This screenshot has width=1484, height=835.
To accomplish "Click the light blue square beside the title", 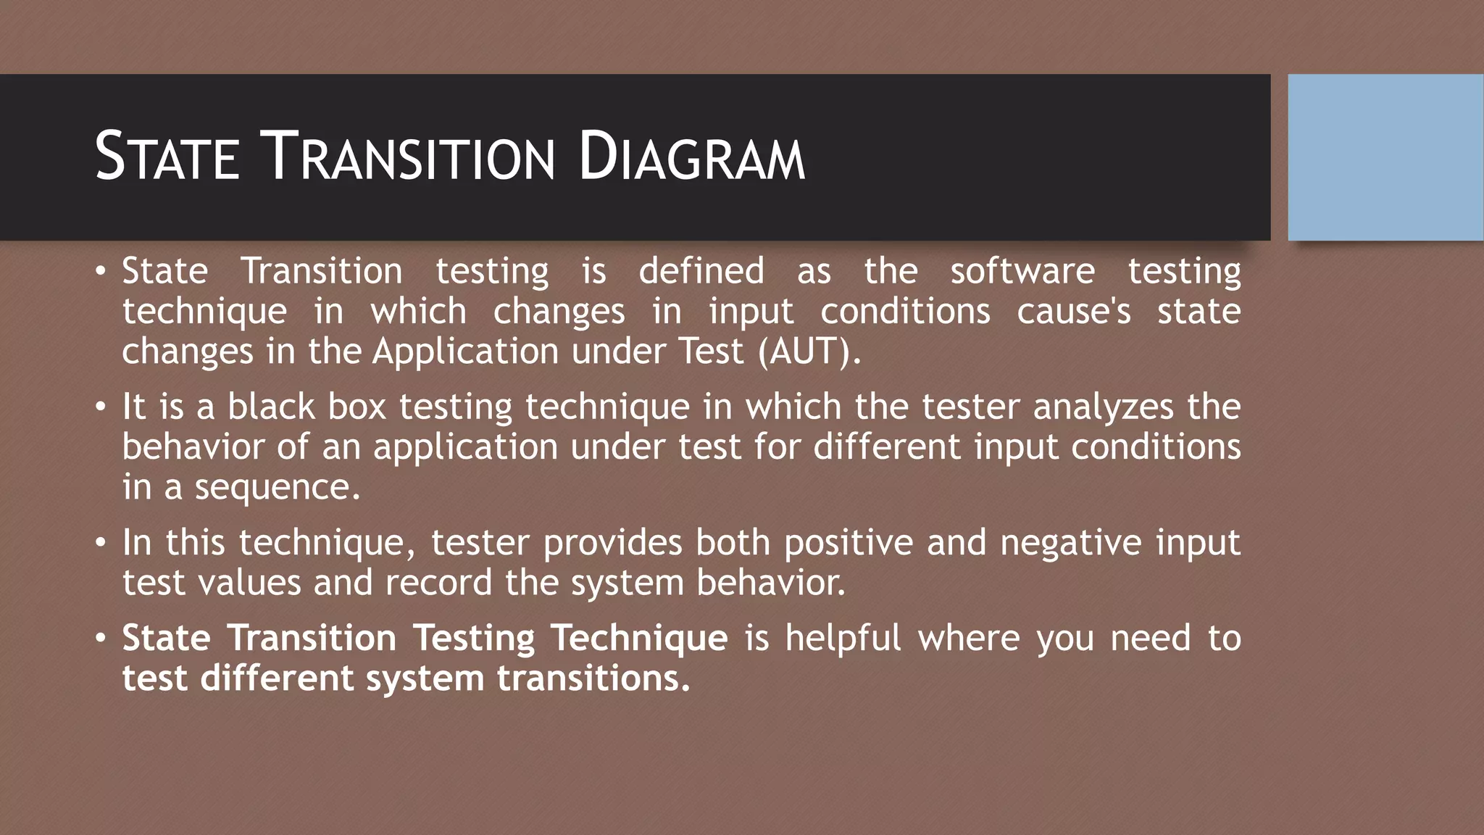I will (1385, 157).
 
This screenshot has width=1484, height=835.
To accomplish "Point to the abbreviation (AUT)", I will (809, 352).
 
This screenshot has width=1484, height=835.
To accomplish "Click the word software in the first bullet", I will (1022, 272).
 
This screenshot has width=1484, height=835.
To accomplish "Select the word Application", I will (465, 352).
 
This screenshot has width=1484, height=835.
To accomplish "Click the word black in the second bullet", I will (271, 407).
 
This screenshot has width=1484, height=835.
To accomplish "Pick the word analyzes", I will (1103, 407).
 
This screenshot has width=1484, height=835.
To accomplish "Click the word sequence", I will (277, 487).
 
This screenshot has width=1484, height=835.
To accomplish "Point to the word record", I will (438, 583).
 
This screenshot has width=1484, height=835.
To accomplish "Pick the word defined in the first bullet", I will (701, 272).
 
